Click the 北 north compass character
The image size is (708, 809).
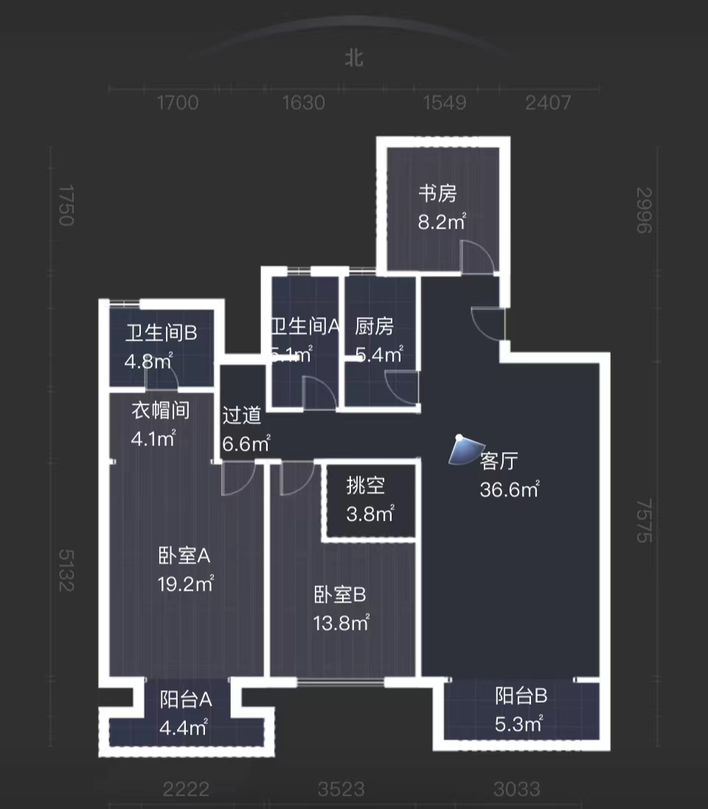pyautogui.click(x=355, y=58)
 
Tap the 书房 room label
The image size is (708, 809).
pyautogui.click(x=437, y=194)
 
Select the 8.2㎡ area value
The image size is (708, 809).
pyautogui.click(x=442, y=221)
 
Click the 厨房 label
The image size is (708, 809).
pyautogui.click(x=374, y=326)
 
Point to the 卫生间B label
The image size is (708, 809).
pyautogui.click(x=160, y=334)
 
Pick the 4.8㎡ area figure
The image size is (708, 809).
pyautogui.click(x=147, y=361)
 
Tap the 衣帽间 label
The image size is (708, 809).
pyautogui.click(x=160, y=410)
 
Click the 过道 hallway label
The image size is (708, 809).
pyautogui.click(x=242, y=415)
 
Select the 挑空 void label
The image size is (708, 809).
pyautogui.click(x=366, y=486)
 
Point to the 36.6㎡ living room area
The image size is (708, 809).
pyautogui.click(x=509, y=490)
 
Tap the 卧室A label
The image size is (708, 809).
pyautogui.click(x=184, y=555)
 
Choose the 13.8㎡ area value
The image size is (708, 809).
pyautogui.click(x=341, y=622)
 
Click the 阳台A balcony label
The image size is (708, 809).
pyautogui.click(x=186, y=698)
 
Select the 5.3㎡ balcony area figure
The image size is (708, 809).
pyautogui.click(x=518, y=723)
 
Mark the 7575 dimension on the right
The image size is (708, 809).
pyautogui.click(x=645, y=520)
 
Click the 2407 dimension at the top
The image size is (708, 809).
pyautogui.click(x=548, y=102)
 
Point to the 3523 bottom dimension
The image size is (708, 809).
pyautogui.click(x=341, y=790)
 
